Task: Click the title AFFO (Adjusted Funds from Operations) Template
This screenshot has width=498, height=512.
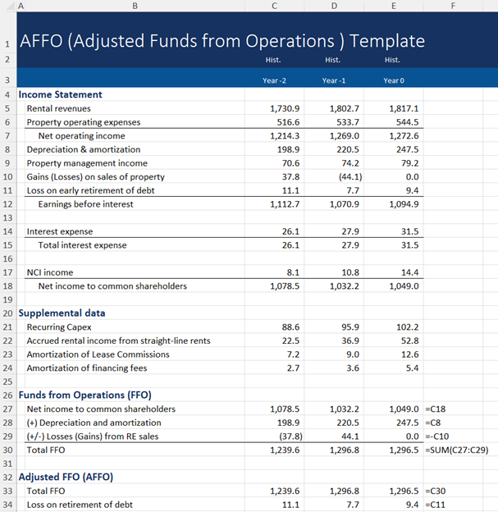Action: [x=222, y=41]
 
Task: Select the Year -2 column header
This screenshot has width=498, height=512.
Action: [x=274, y=80]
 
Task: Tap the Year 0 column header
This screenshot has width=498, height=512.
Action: [x=393, y=80]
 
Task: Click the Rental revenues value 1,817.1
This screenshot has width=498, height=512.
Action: [x=404, y=108]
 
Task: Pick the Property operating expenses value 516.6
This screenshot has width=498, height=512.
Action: [x=286, y=122]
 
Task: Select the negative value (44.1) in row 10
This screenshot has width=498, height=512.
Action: [x=345, y=176]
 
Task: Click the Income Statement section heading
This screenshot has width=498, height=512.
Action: [x=60, y=94]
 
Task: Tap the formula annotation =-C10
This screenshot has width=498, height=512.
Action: [x=440, y=436]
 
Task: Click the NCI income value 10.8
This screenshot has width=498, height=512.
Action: [x=348, y=272]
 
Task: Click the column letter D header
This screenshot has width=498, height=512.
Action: [x=333, y=6]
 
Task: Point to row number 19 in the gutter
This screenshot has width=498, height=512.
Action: [x=7, y=299]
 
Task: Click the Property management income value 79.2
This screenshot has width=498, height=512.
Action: [x=407, y=163]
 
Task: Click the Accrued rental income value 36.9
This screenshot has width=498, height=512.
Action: [x=348, y=341]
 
